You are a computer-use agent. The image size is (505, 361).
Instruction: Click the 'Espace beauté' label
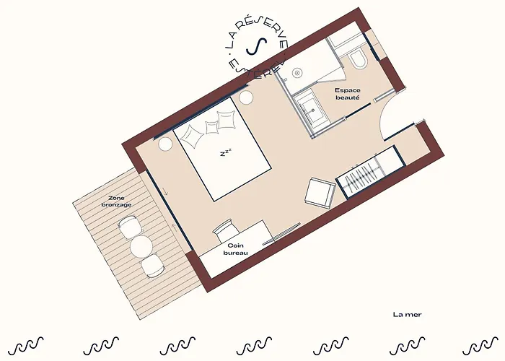[348, 94]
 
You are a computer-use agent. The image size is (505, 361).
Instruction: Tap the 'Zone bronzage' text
[116, 201]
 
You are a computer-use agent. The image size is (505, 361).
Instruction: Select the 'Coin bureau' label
[236, 250]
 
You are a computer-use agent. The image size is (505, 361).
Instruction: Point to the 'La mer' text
[407, 314]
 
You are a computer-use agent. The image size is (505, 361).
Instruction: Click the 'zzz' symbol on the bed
[226, 152]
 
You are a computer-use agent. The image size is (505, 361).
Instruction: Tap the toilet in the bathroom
[357, 60]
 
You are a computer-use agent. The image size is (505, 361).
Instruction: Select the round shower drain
[297, 72]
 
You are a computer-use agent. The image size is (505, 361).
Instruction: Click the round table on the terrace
[141, 246]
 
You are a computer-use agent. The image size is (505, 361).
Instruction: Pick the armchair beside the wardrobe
[320, 192]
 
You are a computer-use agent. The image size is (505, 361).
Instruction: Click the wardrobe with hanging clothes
[370, 173]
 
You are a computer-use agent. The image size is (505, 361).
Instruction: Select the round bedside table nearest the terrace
[165, 144]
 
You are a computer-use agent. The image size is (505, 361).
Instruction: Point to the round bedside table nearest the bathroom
[246, 97]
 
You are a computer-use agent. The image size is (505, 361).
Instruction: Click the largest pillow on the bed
[193, 136]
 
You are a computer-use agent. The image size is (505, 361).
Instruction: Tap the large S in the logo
[257, 46]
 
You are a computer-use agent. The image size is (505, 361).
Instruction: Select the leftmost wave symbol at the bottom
[26, 346]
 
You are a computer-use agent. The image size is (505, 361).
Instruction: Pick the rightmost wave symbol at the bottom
[480, 346]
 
